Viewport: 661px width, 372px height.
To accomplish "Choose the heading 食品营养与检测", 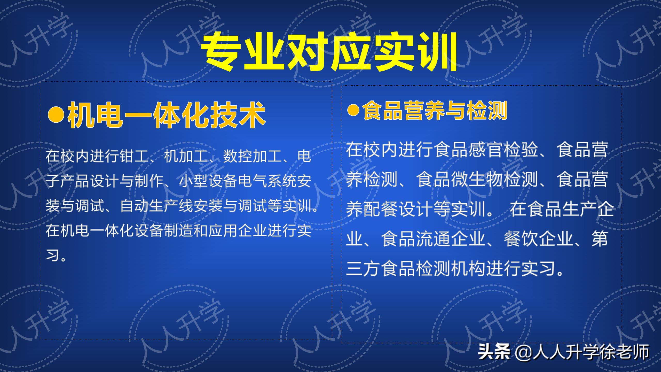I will tap(435, 111).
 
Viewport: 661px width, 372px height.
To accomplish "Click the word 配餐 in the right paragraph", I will tap(372, 209).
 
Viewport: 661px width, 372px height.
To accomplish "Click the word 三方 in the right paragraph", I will tap(363, 269).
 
